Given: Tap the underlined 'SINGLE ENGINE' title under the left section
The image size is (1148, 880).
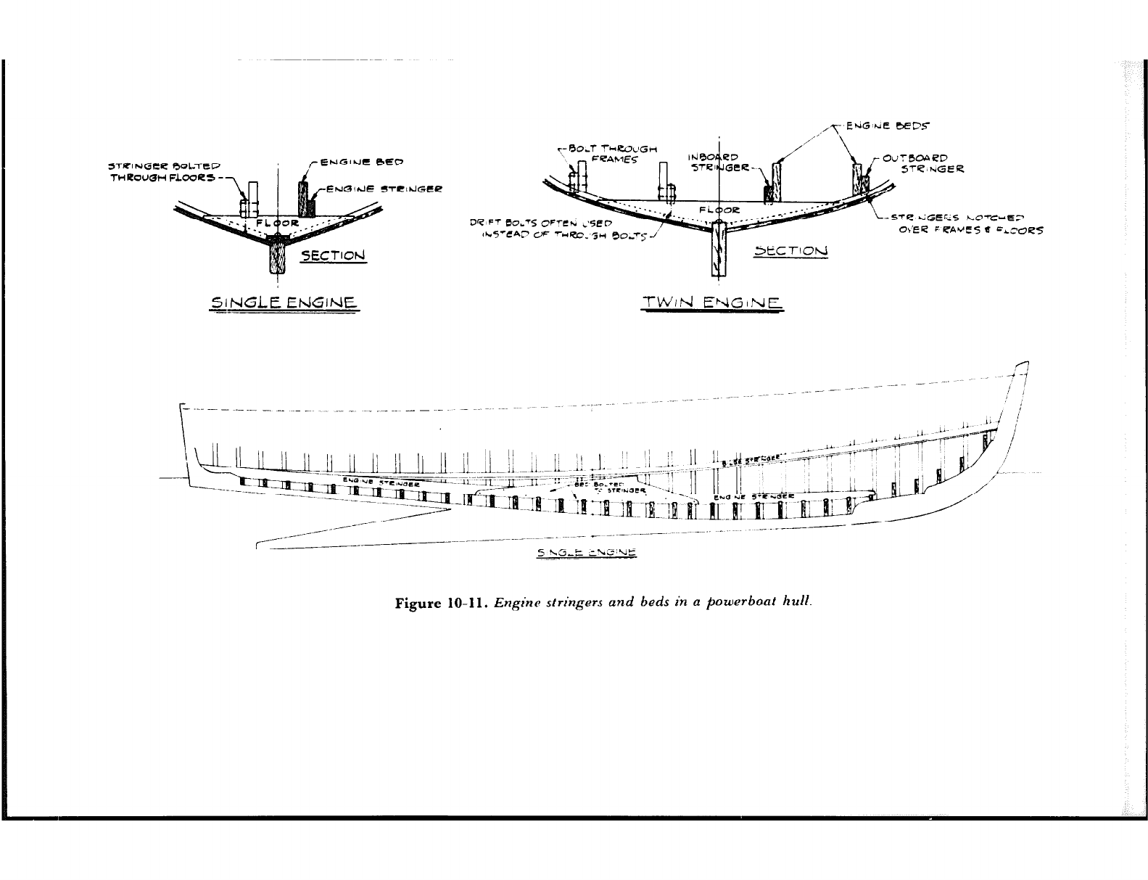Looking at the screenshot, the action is coord(284,302).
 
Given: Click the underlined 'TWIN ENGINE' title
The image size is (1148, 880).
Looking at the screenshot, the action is coord(712,303).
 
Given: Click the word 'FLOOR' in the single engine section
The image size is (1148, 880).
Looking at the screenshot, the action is coord(274,222).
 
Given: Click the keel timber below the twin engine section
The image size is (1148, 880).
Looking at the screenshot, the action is coord(718,250).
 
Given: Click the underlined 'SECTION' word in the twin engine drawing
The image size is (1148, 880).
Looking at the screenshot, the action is coord(790,251).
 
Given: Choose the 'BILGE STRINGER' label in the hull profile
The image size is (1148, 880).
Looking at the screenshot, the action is coord(755,458).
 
